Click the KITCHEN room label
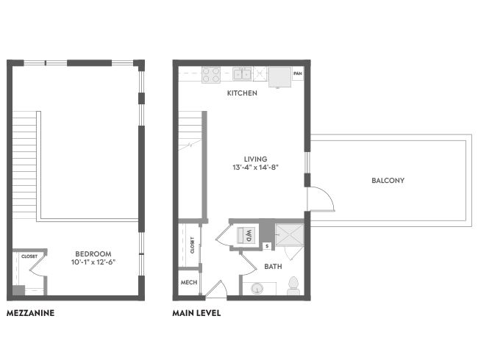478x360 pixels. pos(242,93)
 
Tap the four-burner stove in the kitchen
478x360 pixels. pos(211,75)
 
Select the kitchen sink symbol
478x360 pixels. pos(242,74)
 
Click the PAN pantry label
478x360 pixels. pos(298,73)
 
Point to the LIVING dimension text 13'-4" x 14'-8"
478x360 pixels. pos(256,168)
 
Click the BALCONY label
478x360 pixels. pos(388,180)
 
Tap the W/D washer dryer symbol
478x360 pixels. pos(246,235)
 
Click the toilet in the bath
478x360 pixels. pos(293,286)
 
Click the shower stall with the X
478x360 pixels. pos(290,235)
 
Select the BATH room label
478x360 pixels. pos(273,267)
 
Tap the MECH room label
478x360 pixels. pos(189,282)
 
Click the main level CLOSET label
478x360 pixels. pos(192,245)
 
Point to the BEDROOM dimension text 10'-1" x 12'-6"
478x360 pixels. pos(93,262)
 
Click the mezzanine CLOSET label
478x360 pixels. pos(29,256)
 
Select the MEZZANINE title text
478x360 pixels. pos(30,313)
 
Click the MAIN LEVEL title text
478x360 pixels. pos(196,313)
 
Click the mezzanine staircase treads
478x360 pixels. pos(24,165)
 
